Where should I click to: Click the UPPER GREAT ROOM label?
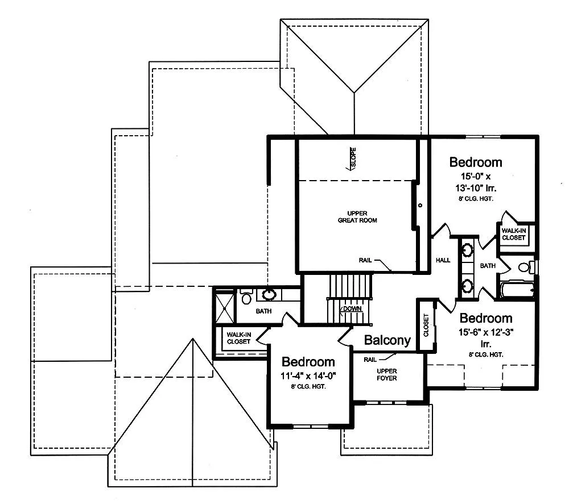pyautogui.click(x=357, y=216)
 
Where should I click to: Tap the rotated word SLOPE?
pyautogui.click(x=353, y=157)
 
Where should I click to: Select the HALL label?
pyautogui.click(x=443, y=260)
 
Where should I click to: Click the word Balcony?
pyautogui.click(x=387, y=340)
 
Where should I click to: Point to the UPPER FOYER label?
pyautogui.click(x=387, y=374)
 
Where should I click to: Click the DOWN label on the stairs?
pyautogui.click(x=352, y=308)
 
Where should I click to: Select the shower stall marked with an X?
pyautogui.click(x=225, y=307)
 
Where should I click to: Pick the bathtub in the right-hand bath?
pyautogui.click(x=517, y=290)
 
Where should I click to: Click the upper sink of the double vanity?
pyautogui.click(x=467, y=249)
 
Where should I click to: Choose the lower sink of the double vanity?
pyautogui.click(x=467, y=286)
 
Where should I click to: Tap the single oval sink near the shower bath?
pyautogui.click(x=269, y=294)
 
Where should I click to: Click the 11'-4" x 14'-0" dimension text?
pyautogui.click(x=308, y=375)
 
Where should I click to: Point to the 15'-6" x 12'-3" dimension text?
pyautogui.click(x=486, y=332)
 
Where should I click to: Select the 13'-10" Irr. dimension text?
pyautogui.click(x=476, y=188)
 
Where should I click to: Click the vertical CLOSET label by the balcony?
pyautogui.click(x=426, y=325)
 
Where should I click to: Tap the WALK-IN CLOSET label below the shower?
pyautogui.click(x=239, y=338)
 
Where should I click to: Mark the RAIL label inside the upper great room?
pyautogui.click(x=365, y=260)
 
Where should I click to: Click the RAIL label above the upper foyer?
pyautogui.click(x=370, y=360)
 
